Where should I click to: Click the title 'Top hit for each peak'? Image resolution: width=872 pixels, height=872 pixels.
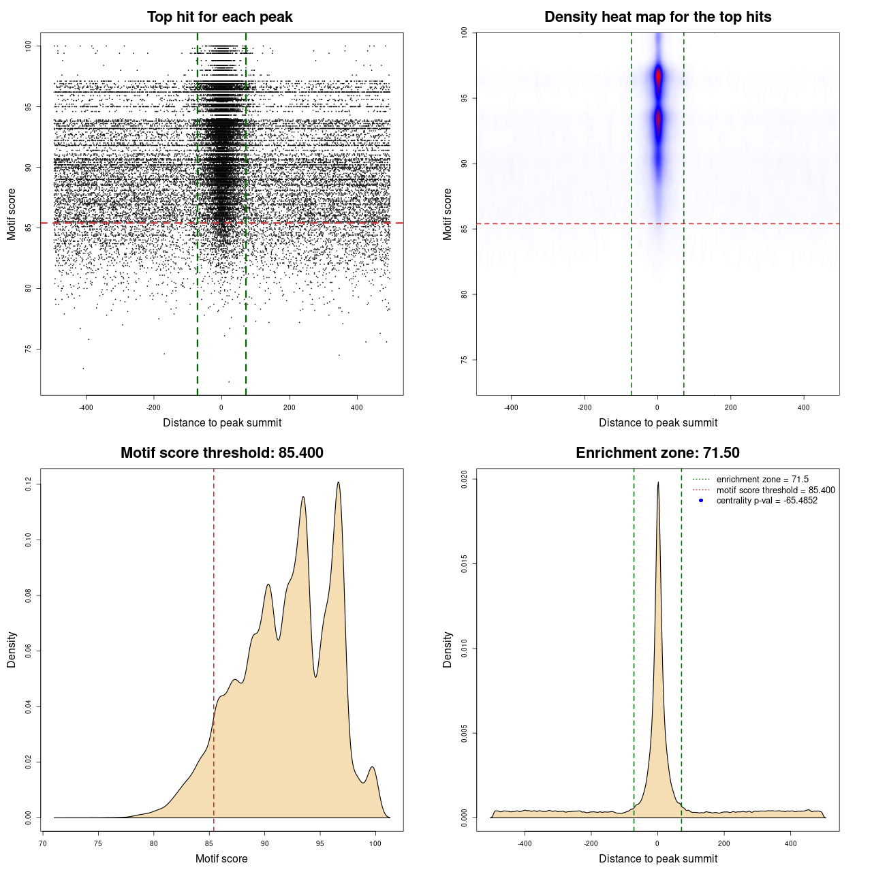pyautogui.click(x=220, y=17)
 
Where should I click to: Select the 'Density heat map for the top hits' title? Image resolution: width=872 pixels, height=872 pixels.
pyautogui.click(x=657, y=17)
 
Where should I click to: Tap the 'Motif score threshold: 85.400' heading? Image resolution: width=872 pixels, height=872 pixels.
pyautogui.click(x=221, y=453)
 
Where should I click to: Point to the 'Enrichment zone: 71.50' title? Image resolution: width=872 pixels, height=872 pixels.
pyautogui.click(x=657, y=453)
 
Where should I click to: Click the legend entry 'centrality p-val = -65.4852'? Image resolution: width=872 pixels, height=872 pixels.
pyautogui.click(x=766, y=501)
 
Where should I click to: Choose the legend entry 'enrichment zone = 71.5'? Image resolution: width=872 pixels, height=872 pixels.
pyautogui.click(x=762, y=480)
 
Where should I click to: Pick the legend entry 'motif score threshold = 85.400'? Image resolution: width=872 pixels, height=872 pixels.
pyautogui.click(x=775, y=490)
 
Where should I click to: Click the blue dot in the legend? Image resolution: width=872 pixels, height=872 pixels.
pyautogui.click(x=701, y=501)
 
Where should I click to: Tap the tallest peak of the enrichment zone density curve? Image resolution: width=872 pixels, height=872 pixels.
pyautogui.click(x=658, y=483)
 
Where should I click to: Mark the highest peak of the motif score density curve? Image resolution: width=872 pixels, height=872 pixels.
pyautogui.click(x=338, y=483)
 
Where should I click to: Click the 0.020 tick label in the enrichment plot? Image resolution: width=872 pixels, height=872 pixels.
pyautogui.click(x=464, y=479)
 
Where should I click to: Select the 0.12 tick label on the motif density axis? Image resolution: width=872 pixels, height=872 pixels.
pyautogui.click(x=28, y=484)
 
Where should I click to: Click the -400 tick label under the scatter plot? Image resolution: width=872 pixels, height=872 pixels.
pyautogui.click(x=86, y=407)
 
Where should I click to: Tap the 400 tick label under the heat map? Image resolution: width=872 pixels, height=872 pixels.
pyautogui.click(x=804, y=407)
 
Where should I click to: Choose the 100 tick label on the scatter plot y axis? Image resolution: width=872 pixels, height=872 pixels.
pyautogui.click(x=28, y=46)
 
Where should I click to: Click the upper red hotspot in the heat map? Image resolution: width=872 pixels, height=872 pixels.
pyautogui.click(x=658, y=76)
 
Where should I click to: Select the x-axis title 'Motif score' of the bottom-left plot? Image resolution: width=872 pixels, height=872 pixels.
pyautogui.click(x=221, y=858)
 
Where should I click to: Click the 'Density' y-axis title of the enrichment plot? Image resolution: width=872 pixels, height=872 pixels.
pyautogui.click(x=448, y=649)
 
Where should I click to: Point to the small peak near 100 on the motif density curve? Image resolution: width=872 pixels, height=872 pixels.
pyautogui.click(x=372, y=768)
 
